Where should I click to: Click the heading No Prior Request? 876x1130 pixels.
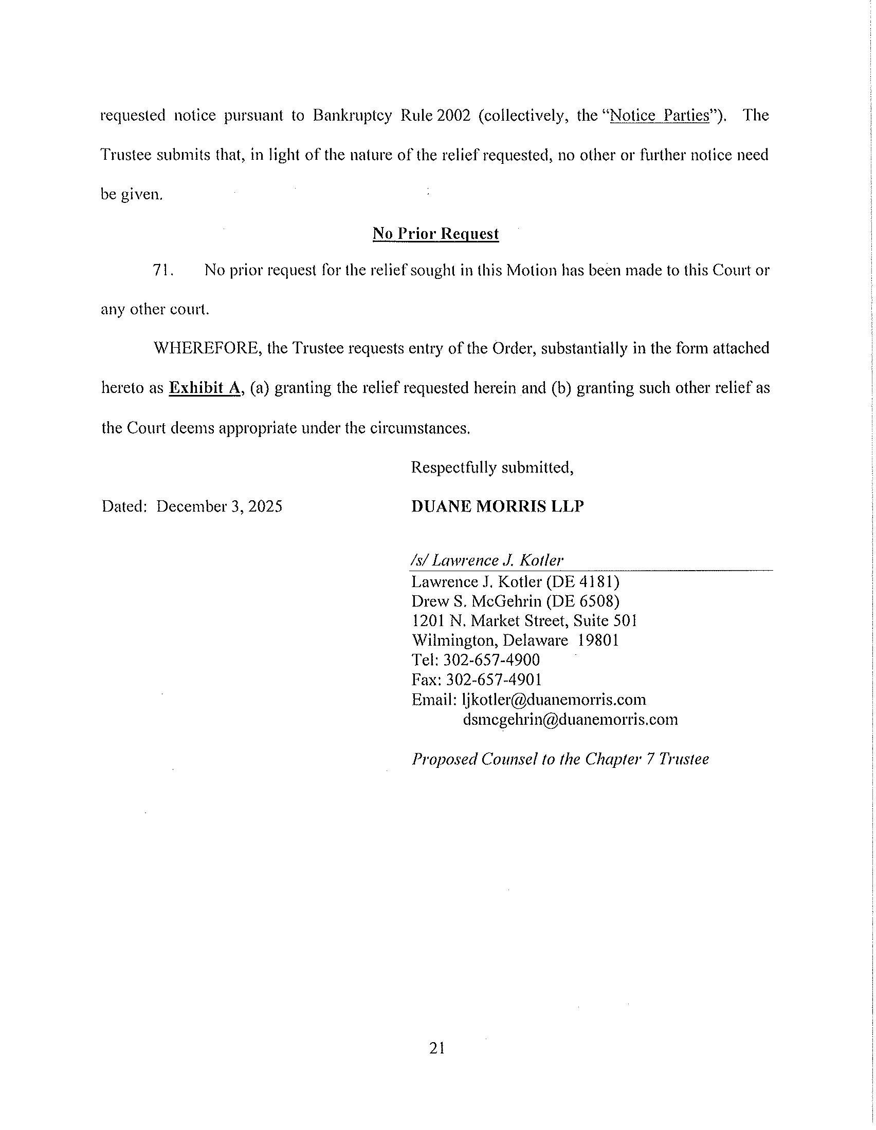tap(435, 234)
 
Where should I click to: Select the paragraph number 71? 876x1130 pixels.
tap(163, 270)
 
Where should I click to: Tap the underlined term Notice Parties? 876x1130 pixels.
tap(659, 115)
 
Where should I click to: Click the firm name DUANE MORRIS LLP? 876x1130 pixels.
tap(497, 506)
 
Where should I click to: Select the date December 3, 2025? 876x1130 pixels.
tap(220, 506)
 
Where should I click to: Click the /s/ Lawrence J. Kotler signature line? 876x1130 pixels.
tap(487, 560)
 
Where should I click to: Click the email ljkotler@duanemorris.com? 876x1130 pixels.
tap(554, 700)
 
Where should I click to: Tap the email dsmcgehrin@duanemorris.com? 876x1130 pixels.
tap(570, 719)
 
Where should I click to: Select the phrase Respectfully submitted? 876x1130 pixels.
tap(492, 468)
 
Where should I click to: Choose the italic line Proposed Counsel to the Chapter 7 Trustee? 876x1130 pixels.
tap(560, 759)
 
